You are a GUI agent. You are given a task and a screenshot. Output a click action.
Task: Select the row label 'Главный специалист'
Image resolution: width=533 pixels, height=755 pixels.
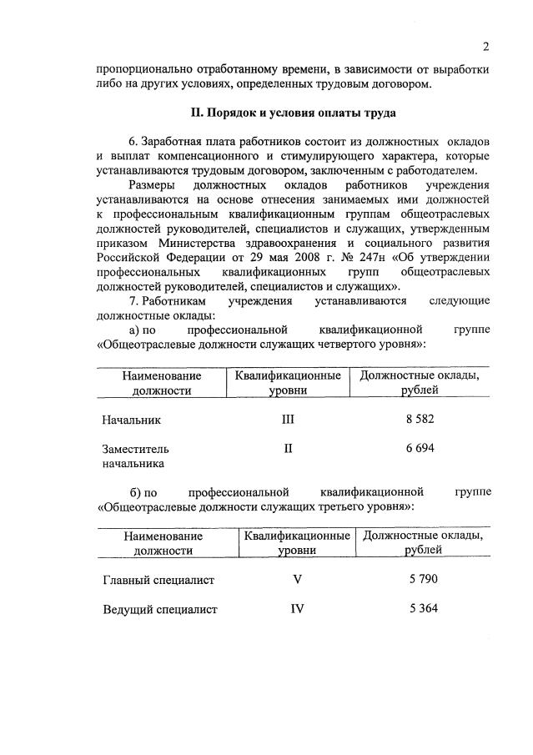pyautogui.click(x=158, y=580)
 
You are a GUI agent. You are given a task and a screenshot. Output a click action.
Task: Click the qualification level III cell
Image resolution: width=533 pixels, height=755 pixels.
pyautogui.click(x=288, y=419)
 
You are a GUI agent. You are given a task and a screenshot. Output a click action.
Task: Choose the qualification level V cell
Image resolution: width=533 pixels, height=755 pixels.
pyautogui.click(x=296, y=579)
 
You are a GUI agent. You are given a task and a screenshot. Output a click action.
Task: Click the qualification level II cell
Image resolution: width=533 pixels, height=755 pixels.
pyautogui.click(x=288, y=448)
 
